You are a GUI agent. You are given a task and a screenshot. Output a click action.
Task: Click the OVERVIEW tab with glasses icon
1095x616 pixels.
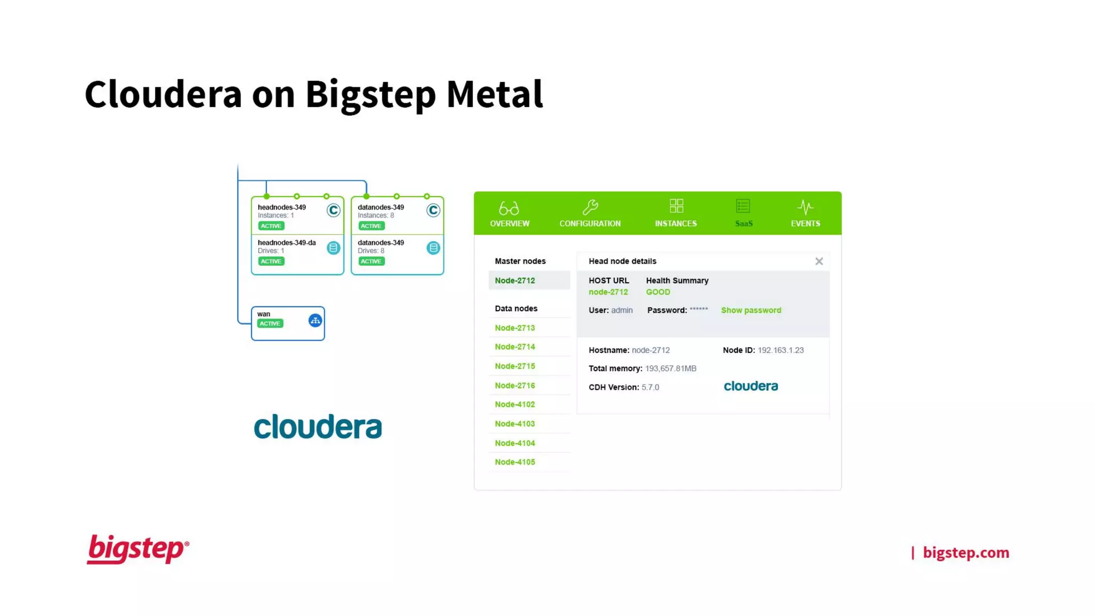tap(510, 214)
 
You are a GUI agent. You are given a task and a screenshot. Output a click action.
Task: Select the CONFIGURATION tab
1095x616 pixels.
tap(590, 214)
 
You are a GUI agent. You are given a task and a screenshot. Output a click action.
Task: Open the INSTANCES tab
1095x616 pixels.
tap(676, 214)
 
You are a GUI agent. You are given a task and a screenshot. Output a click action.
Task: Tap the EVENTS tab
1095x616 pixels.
tap(805, 214)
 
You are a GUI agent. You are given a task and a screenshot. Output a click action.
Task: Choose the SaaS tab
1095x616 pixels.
tap(743, 214)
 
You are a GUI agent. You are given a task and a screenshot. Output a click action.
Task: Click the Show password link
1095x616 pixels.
tap(751, 310)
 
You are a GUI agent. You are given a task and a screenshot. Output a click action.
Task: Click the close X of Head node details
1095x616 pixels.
tap(819, 261)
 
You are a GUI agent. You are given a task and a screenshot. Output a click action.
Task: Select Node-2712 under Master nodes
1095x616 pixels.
tap(515, 281)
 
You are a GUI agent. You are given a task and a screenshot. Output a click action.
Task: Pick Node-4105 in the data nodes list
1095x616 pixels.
tap(515, 462)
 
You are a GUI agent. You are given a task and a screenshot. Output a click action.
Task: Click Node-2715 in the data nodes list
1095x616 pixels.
tap(515, 366)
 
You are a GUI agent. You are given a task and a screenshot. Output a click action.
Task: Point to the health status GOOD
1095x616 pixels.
tap(658, 292)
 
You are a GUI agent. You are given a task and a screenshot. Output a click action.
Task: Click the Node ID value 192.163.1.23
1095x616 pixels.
tap(780, 350)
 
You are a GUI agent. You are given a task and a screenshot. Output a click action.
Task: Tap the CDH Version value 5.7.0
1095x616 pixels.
tap(650, 387)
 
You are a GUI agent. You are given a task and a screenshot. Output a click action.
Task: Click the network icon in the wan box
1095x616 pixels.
tap(315, 321)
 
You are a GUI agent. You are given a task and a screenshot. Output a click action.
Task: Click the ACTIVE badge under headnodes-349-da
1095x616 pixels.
tap(271, 261)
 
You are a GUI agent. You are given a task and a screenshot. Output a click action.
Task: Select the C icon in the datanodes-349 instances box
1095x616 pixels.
tap(433, 211)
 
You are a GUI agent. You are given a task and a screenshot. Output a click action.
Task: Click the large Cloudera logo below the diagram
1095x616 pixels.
tap(318, 427)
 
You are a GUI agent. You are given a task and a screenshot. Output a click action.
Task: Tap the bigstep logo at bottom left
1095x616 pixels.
tap(137, 549)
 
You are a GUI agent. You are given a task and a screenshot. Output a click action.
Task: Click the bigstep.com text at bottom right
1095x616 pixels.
tap(966, 552)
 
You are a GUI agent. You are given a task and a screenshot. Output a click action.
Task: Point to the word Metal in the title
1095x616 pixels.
tap(494, 94)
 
